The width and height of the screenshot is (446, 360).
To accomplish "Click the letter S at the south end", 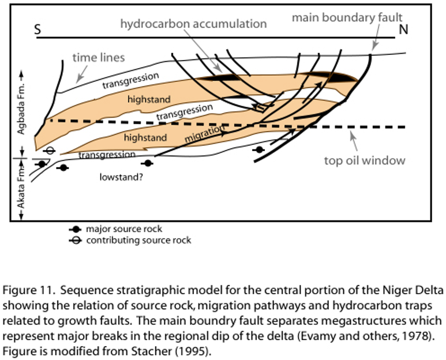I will pyautogui.click(x=38, y=30).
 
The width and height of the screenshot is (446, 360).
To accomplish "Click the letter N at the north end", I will pyautogui.click(x=403, y=30).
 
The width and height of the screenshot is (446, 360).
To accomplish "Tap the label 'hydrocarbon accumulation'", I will pyautogui.click(x=193, y=24).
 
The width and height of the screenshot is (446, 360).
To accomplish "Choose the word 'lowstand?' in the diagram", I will pyautogui.click(x=121, y=177).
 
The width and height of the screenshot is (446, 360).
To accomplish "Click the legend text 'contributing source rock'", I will pyautogui.click(x=138, y=239).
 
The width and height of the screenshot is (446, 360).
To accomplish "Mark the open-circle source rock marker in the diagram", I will pyautogui.click(x=50, y=151).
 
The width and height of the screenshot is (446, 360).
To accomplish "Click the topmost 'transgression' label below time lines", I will pyautogui.click(x=130, y=80).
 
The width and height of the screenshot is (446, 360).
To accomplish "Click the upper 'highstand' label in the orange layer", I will pyautogui.click(x=149, y=99).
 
